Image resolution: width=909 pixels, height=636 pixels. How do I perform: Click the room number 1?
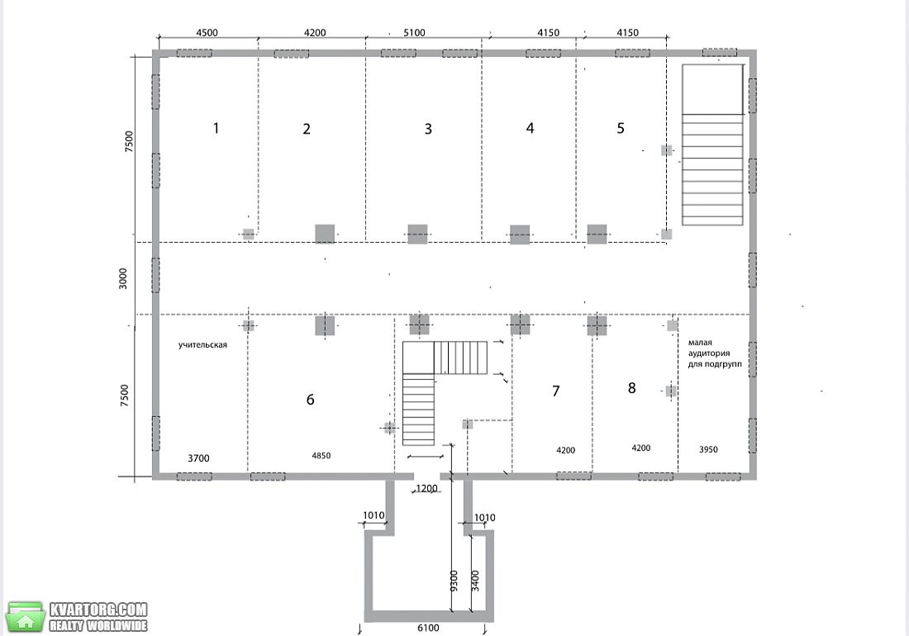click(217, 128)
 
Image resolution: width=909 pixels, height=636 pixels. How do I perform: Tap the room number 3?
click(428, 129)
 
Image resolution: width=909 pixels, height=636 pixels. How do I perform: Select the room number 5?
click(621, 128)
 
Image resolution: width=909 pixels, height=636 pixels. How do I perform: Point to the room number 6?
click(310, 399)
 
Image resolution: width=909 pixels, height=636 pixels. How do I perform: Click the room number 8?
click(632, 387)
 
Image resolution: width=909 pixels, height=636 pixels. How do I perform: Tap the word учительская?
click(202, 344)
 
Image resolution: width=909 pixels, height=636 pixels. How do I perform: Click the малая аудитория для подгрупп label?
click(715, 354)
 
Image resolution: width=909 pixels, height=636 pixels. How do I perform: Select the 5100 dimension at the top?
click(414, 32)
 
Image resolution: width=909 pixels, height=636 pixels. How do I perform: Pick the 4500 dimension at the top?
click(207, 32)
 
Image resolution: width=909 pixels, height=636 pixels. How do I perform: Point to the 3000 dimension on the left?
click(123, 278)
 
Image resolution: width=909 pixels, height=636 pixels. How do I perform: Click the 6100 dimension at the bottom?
click(428, 628)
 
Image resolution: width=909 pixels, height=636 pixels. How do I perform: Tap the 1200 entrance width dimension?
click(426, 489)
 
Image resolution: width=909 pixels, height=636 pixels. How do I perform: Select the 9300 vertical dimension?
click(454, 581)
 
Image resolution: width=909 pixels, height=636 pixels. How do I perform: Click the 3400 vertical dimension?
click(475, 581)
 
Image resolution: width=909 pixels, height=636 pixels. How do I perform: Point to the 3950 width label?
click(708, 449)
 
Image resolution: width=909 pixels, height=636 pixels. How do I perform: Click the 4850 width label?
click(321, 456)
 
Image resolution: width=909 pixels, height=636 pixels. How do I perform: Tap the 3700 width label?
click(198, 458)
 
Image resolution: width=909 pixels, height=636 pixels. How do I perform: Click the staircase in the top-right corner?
click(712, 145)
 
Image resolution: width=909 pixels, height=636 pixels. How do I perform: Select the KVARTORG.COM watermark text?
click(98, 610)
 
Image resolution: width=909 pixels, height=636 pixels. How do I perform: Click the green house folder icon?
click(25, 617)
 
